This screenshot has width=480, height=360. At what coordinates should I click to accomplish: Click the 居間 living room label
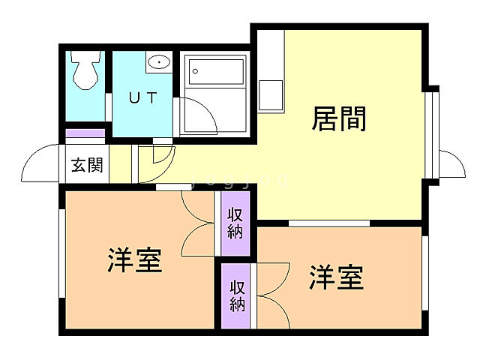(339, 118)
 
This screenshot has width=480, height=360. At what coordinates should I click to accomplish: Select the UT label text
(142, 98)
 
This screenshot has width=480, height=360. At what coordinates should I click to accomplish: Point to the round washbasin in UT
(158, 62)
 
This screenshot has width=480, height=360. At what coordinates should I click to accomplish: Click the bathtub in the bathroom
(217, 73)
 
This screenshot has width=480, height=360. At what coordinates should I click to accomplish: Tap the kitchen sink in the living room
(271, 96)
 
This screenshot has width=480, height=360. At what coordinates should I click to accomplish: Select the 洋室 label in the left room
(135, 261)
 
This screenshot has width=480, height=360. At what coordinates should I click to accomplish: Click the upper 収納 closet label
(235, 222)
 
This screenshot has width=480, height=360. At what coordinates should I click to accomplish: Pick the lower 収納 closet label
(238, 295)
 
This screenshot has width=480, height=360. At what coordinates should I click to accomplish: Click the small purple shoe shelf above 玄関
(85, 134)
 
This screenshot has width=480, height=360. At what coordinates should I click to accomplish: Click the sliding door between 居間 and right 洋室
(328, 223)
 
